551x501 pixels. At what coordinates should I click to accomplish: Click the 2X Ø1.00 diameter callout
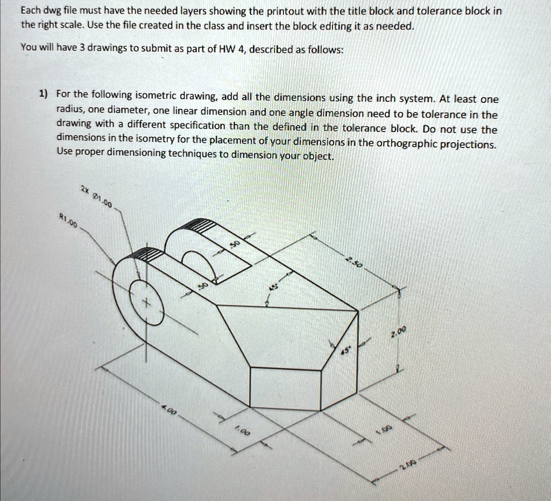96,197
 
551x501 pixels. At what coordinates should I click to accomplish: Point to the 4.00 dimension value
169,410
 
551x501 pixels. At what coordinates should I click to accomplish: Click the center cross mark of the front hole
144,304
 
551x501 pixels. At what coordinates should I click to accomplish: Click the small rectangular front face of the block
285,387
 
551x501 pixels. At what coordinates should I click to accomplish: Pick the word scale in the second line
56,26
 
